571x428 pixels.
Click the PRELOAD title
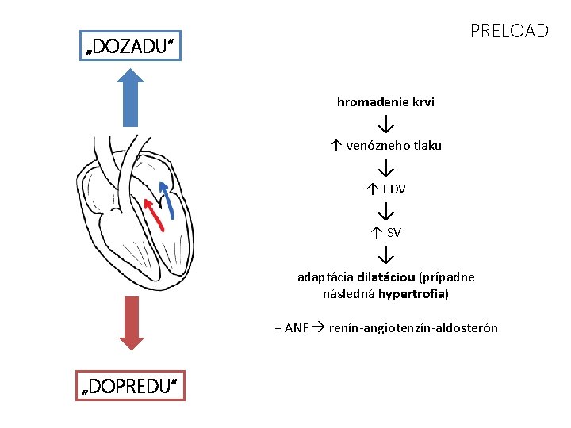tap(508, 31)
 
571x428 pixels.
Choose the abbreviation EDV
tap(394, 189)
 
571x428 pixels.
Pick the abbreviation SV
tap(394, 232)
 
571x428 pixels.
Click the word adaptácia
tap(325, 277)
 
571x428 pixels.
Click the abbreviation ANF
tap(297, 328)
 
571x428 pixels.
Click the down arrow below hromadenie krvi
tap(386, 124)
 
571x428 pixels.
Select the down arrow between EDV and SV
tap(386, 212)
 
